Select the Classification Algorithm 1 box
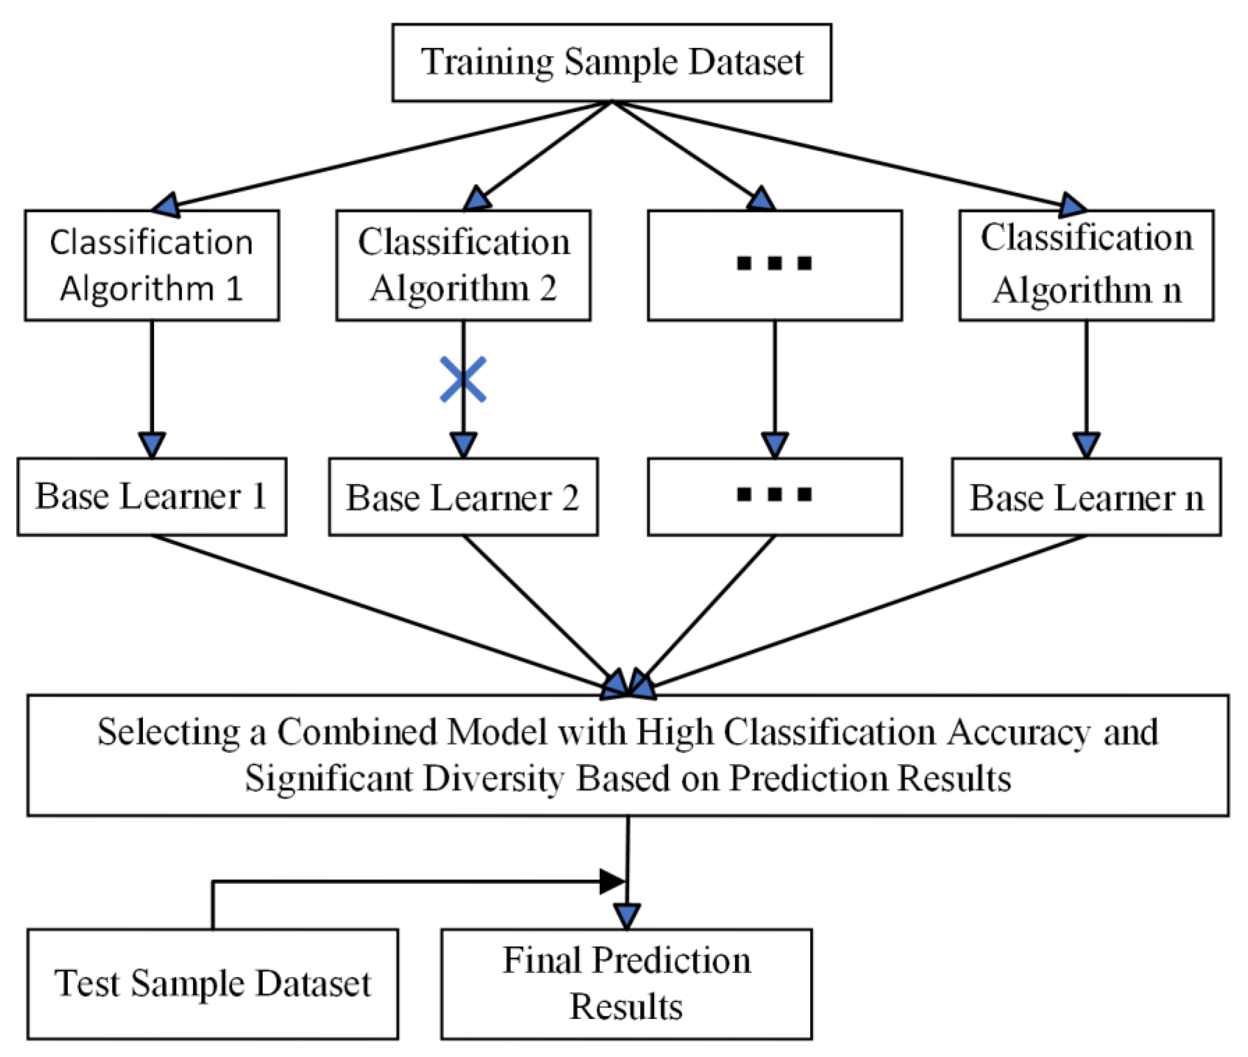pos(152,265)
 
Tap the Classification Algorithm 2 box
pos(463,265)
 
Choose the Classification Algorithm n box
pos(1086,265)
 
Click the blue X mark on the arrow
pos(463,379)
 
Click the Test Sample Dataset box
pos(212,983)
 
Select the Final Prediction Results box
pos(626,983)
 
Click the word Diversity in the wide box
pos(494,779)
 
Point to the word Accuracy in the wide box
pos(1018,732)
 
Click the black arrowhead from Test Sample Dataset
pos(612,882)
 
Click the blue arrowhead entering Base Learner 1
pos(152,445)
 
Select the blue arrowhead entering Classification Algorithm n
pos(1071,205)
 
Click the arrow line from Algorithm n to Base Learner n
pos(1086,378)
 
